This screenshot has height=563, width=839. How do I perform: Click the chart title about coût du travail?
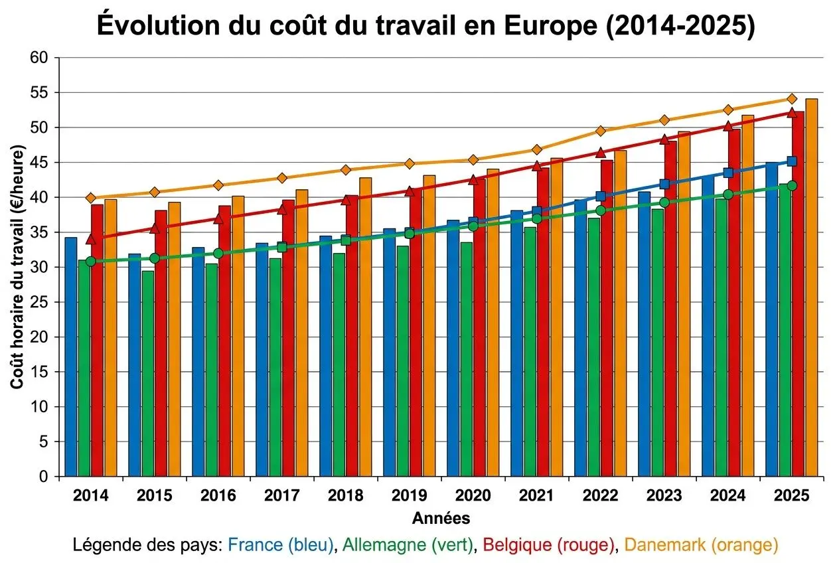coord(425,26)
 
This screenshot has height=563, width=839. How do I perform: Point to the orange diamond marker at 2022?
coord(601,131)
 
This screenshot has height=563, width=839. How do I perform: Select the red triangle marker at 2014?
coord(91,239)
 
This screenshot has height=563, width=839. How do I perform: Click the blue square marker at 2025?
coord(791,161)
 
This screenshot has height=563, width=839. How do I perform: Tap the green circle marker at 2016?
coord(218,253)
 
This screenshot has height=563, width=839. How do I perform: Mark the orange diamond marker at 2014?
coord(91,198)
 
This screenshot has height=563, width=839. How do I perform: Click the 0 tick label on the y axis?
coord(44,477)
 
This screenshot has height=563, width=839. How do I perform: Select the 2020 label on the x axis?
coord(473,496)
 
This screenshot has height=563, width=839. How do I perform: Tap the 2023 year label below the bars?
coord(664,496)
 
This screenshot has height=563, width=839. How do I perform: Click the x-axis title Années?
coord(441,518)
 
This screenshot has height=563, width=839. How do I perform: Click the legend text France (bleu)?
coord(281,545)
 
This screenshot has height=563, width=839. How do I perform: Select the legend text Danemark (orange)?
coord(701,545)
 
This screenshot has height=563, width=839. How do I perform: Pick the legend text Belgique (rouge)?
coord(548,545)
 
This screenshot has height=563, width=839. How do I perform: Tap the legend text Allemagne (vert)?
coord(408,545)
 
